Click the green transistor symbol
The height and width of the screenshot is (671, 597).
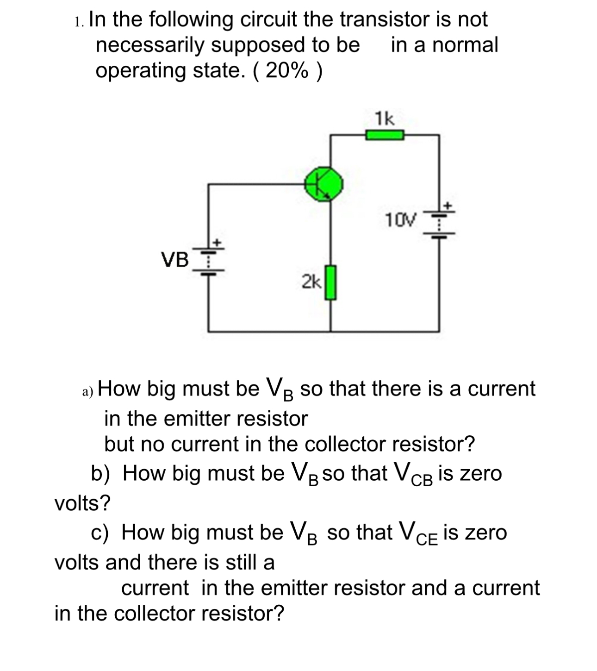point(324,184)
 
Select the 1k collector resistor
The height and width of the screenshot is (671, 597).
point(385,135)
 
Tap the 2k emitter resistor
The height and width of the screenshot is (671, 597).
point(330,282)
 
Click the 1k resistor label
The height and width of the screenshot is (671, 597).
point(385,119)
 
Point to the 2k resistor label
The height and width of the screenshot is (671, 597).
point(311,282)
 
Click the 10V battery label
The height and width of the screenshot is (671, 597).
point(400,220)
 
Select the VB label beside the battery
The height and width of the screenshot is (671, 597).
point(175,259)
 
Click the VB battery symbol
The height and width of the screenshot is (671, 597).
point(208,261)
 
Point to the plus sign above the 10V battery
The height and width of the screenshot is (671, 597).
point(448,206)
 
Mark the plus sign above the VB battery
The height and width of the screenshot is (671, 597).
point(217,243)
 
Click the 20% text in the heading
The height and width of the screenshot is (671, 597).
point(287,70)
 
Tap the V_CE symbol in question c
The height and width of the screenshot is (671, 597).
point(418,533)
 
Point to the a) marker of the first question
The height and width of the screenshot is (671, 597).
point(87,392)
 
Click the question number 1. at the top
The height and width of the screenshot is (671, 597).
point(79,22)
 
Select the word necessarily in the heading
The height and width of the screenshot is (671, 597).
point(150,45)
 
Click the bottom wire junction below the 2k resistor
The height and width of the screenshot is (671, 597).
point(330,331)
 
